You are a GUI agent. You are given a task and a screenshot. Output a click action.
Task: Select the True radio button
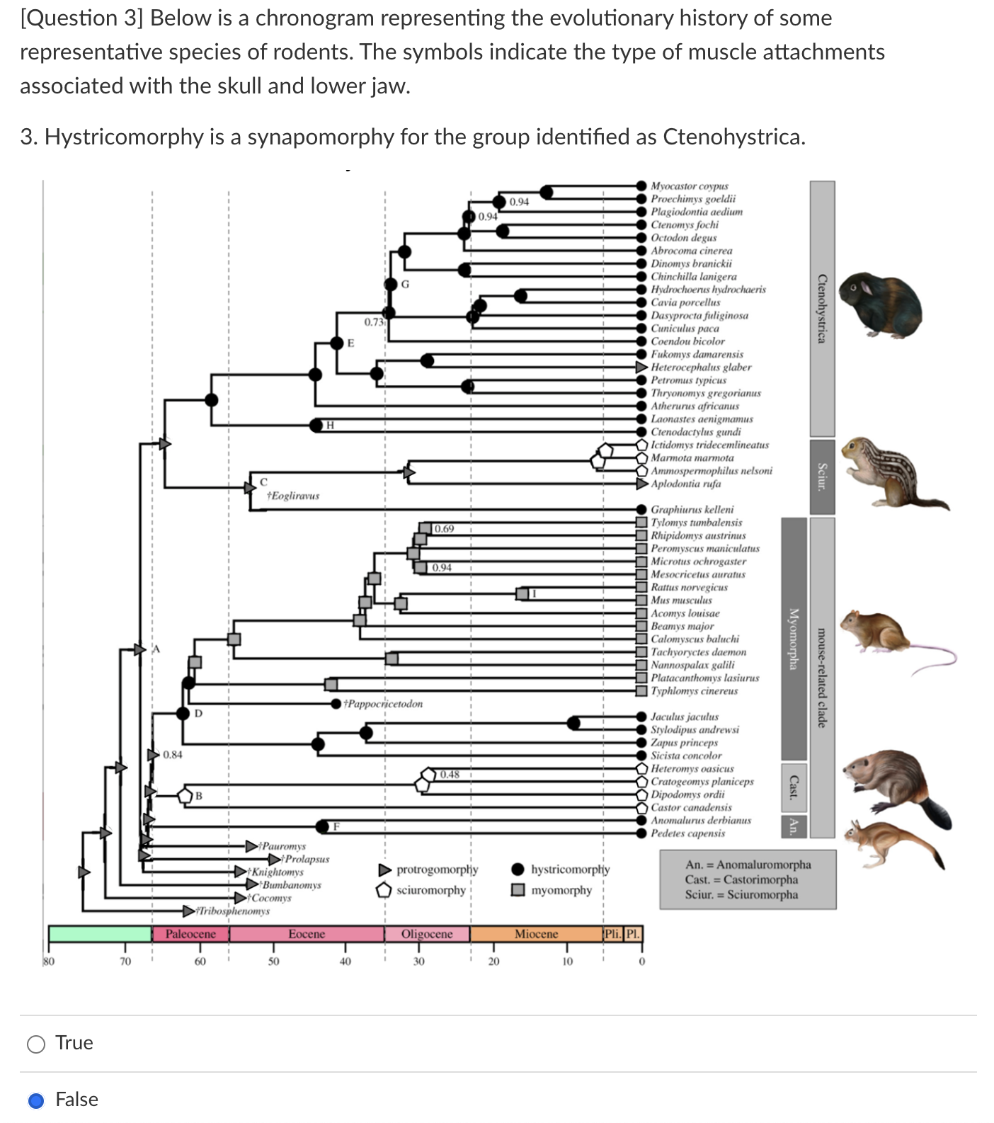36,1044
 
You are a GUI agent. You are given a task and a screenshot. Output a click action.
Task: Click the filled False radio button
36,1100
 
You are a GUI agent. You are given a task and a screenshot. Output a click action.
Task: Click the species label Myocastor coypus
689,186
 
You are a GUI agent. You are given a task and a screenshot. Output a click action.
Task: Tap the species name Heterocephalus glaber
700,367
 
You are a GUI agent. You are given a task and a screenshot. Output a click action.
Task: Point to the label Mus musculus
681,600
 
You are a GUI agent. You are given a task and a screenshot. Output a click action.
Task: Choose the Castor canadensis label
691,807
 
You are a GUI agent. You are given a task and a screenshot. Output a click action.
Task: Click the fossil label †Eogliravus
293,496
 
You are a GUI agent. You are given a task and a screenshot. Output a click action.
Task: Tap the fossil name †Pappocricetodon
383,704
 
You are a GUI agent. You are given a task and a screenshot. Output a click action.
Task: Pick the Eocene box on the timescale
307,934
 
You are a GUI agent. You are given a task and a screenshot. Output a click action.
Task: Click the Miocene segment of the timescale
536,934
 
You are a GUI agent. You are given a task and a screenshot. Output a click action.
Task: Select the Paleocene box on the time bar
190,934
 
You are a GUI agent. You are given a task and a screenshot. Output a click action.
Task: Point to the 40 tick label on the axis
345,961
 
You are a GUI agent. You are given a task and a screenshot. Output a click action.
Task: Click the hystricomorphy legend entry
570,869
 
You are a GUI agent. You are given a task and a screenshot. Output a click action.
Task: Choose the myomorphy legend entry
561,890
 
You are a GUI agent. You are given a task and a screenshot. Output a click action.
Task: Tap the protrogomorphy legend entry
437,869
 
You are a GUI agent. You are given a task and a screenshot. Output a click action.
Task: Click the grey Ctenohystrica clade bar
821,308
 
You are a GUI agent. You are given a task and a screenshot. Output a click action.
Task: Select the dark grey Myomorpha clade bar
794,638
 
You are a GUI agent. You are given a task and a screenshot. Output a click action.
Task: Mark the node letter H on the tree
330,425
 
